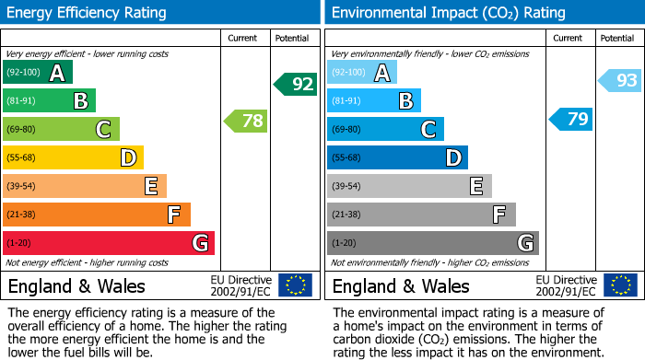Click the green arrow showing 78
245,121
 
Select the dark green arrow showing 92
295,85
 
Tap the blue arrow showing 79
570,120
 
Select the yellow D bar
74,157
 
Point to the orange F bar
97,215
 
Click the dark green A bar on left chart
38,72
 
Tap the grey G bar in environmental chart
432,243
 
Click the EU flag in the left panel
295,285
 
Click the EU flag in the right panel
620,285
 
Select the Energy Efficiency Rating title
88,13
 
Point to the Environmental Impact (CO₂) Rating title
448,13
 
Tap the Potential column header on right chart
617,38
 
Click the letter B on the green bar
80,101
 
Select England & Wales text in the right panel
401,285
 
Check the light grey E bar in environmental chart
409,186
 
